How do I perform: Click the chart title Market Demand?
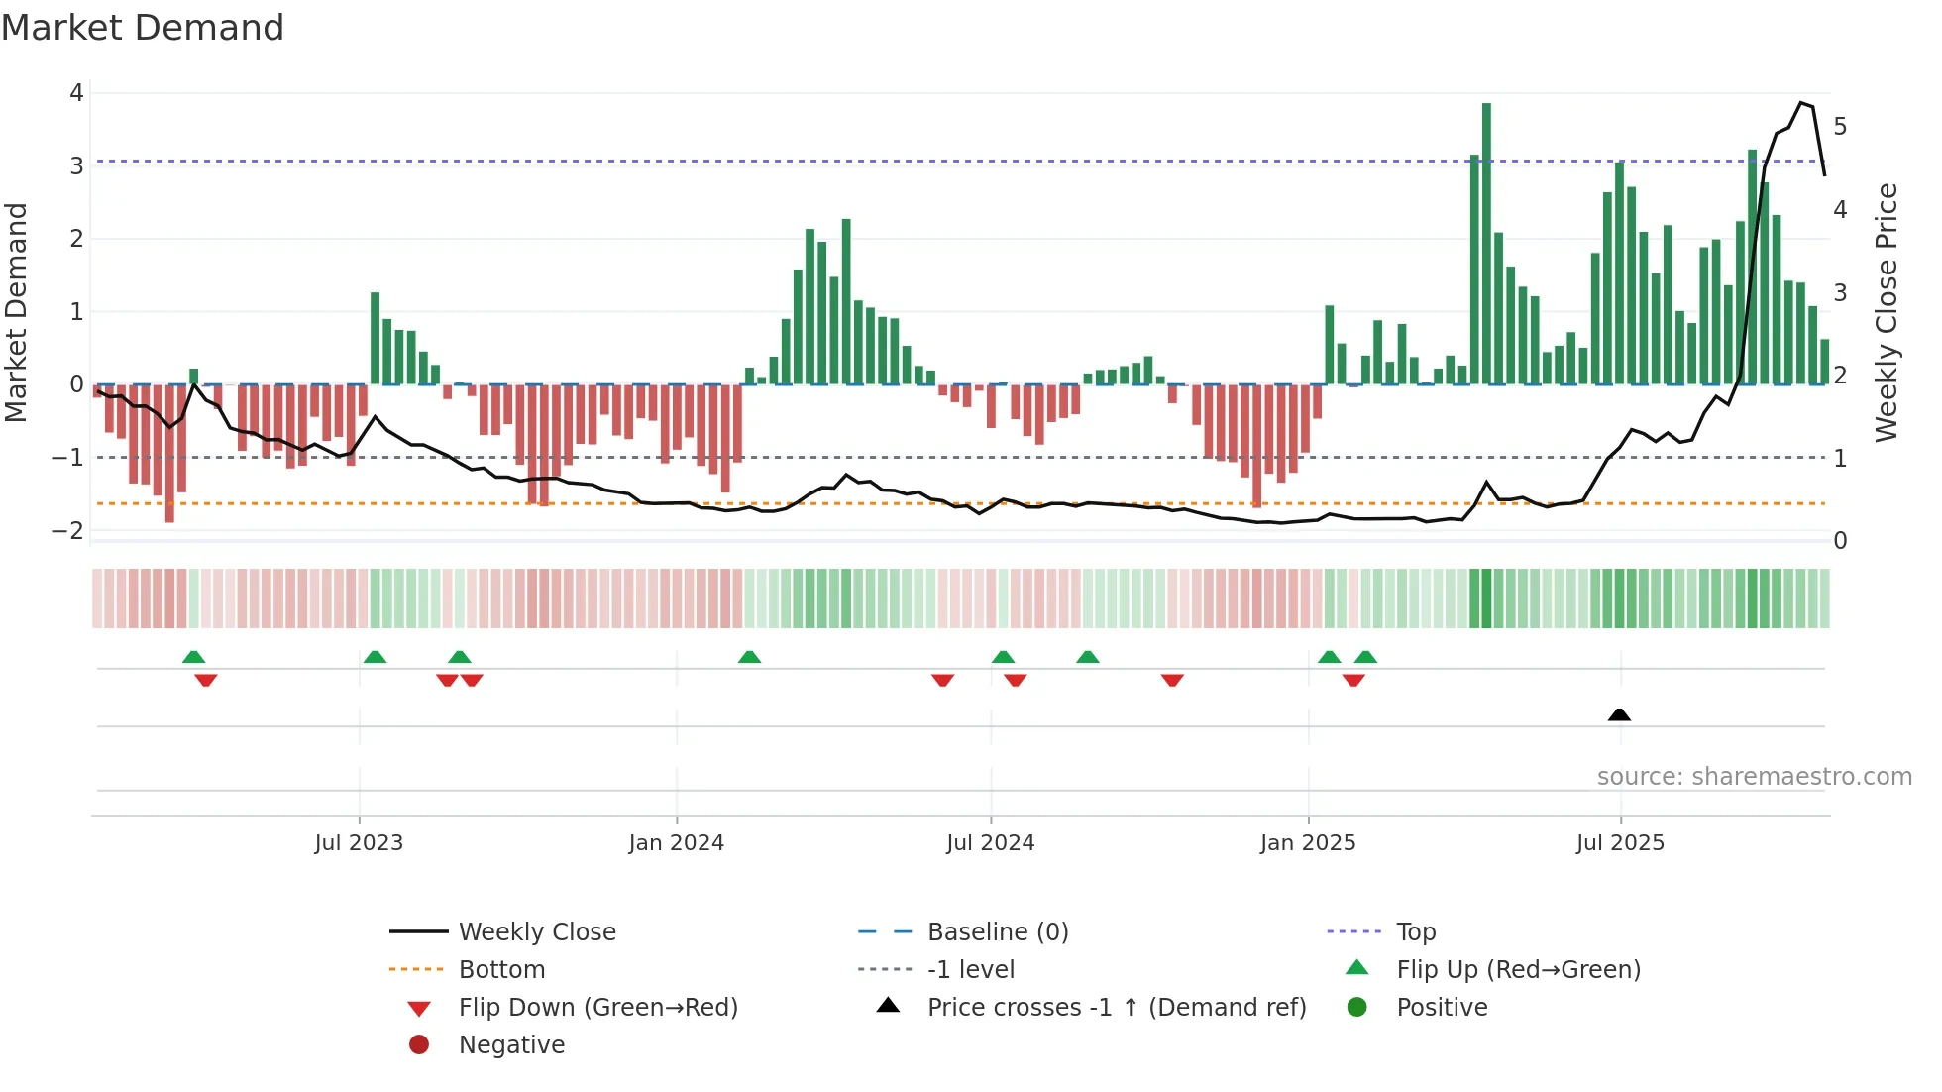[143, 28]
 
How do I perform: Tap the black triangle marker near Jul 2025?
[1619, 714]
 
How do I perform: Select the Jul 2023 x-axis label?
[359, 843]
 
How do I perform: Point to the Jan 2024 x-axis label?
[677, 843]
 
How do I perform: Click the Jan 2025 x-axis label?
[1308, 843]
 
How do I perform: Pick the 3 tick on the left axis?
[76, 165]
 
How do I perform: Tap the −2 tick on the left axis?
[68, 530]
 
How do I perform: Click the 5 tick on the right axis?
[1840, 127]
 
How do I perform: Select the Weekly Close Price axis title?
[1887, 312]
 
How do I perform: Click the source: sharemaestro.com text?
[1754, 777]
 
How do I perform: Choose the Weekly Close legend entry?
[536, 932]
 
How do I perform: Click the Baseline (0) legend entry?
[997, 932]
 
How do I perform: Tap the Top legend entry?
[1416, 932]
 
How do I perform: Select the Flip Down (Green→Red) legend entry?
[597, 1008]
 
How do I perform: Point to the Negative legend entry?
[511, 1045]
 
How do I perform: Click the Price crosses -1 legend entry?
[1116, 1008]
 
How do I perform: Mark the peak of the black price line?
[1802, 103]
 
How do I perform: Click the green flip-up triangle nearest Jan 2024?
[749, 657]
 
